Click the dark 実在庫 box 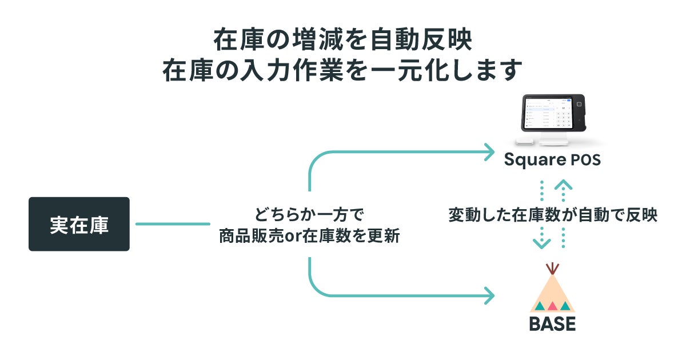click(79, 224)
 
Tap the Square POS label click(552, 160)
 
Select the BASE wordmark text click(552, 324)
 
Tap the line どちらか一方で click(309, 215)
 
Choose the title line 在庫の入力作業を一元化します click(342, 71)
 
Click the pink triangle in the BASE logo click(552, 306)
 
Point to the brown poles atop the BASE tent click(552, 268)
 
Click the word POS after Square click(585, 161)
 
